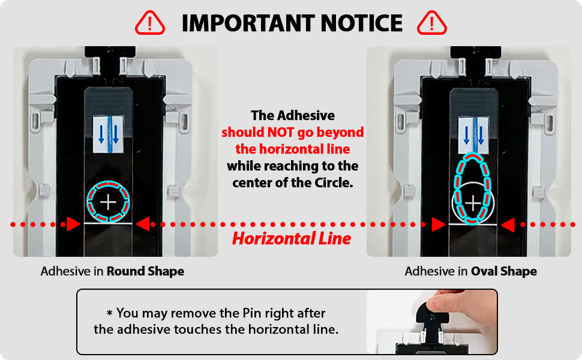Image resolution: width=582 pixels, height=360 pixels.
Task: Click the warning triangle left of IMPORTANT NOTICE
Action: pos(149,23)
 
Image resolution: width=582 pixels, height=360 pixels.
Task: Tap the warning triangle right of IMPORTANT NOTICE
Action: pos(431,23)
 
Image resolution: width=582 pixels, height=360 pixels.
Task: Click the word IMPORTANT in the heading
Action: pos(248,23)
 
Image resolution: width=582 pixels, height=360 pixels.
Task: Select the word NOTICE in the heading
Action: pos(362,23)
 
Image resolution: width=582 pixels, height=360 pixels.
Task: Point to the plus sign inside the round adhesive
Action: pos(108,202)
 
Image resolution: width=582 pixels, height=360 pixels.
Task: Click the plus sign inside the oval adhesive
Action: pos(473,203)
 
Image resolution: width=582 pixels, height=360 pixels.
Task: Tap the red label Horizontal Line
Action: pos(292,239)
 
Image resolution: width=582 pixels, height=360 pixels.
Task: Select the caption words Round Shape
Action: pos(145,271)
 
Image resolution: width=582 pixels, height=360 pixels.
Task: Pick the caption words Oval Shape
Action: pos(503,271)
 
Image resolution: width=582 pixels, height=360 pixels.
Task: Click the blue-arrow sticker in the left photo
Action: pos(108,134)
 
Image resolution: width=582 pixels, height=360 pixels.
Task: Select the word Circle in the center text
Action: pos(334,182)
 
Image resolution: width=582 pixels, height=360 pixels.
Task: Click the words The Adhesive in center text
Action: pos(293,115)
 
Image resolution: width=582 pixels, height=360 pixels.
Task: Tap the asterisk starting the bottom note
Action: pos(109,313)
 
